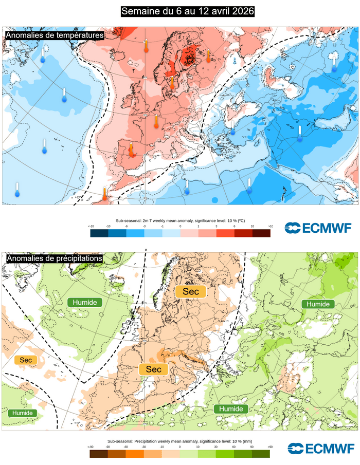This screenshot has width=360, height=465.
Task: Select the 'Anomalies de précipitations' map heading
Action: point(54,258)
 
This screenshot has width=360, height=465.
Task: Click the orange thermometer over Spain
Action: point(132,150)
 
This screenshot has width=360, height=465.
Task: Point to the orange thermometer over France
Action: point(156,122)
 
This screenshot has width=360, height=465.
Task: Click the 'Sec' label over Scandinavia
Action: point(190,292)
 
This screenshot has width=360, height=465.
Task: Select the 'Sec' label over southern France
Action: point(153,369)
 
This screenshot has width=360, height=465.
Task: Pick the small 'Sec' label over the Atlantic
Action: point(26,360)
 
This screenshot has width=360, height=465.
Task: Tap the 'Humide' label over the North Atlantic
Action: point(85,302)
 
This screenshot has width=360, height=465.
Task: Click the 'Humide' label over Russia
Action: point(318,304)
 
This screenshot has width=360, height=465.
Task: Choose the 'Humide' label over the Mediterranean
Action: point(231,408)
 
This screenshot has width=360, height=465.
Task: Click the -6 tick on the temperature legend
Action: point(127,226)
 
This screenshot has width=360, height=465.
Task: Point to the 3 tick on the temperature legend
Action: point(216,226)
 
